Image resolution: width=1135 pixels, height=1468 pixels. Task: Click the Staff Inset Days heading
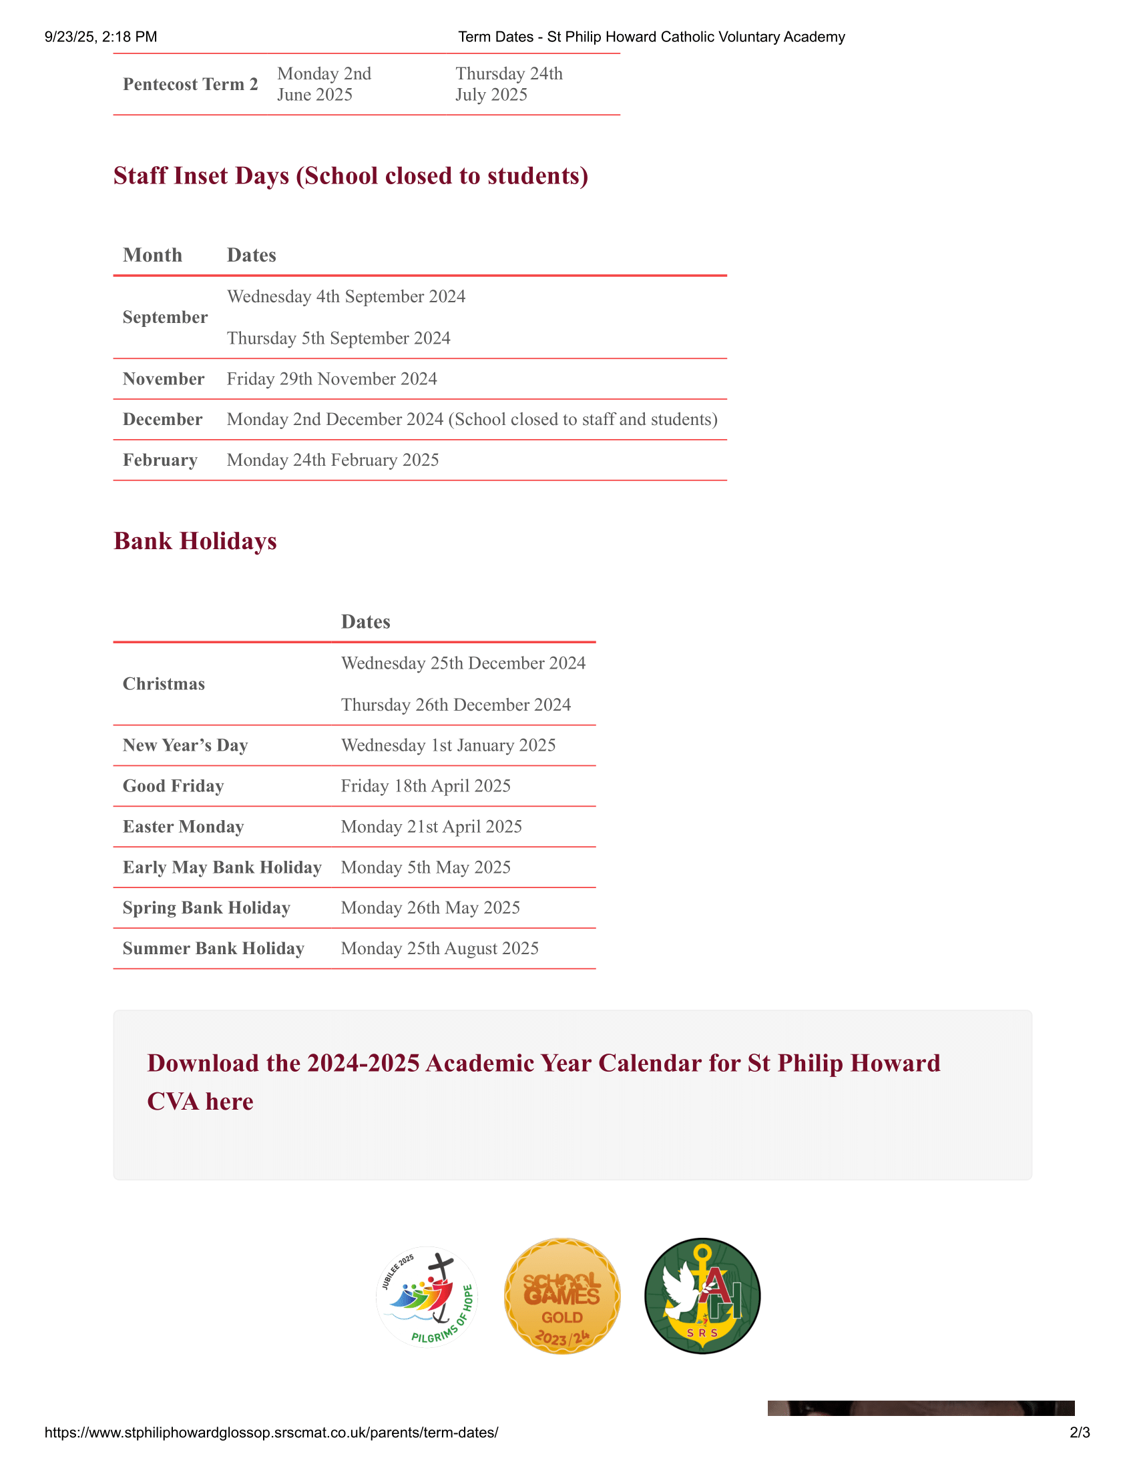(351, 175)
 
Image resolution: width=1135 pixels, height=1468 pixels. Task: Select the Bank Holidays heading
(195, 541)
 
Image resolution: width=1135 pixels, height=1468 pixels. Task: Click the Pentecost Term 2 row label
(190, 84)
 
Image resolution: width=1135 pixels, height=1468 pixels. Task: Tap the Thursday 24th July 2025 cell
(509, 84)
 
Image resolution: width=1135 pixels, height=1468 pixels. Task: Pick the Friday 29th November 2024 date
(332, 379)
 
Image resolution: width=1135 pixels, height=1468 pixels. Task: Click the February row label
(160, 460)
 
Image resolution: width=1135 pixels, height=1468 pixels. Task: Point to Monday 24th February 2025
(333, 460)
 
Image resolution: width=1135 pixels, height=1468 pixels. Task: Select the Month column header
(153, 256)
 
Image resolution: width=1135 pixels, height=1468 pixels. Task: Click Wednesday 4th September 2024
(347, 296)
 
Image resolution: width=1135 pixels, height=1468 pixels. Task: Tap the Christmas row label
(164, 684)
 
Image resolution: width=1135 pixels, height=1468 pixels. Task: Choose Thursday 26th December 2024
(456, 705)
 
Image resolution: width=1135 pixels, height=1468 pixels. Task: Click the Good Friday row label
(174, 787)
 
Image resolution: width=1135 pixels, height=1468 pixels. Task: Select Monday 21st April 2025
(431, 827)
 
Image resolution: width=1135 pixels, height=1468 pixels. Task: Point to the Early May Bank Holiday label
(222, 867)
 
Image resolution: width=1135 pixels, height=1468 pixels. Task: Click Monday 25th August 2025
(440, 949)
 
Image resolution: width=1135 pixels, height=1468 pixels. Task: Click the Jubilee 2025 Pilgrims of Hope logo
(427, 1297)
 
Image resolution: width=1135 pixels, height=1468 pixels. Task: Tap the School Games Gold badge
(562, 1297)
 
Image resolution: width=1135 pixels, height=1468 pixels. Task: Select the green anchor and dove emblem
(702, 1297)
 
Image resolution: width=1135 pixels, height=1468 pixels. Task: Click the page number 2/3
(1079, 1433)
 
